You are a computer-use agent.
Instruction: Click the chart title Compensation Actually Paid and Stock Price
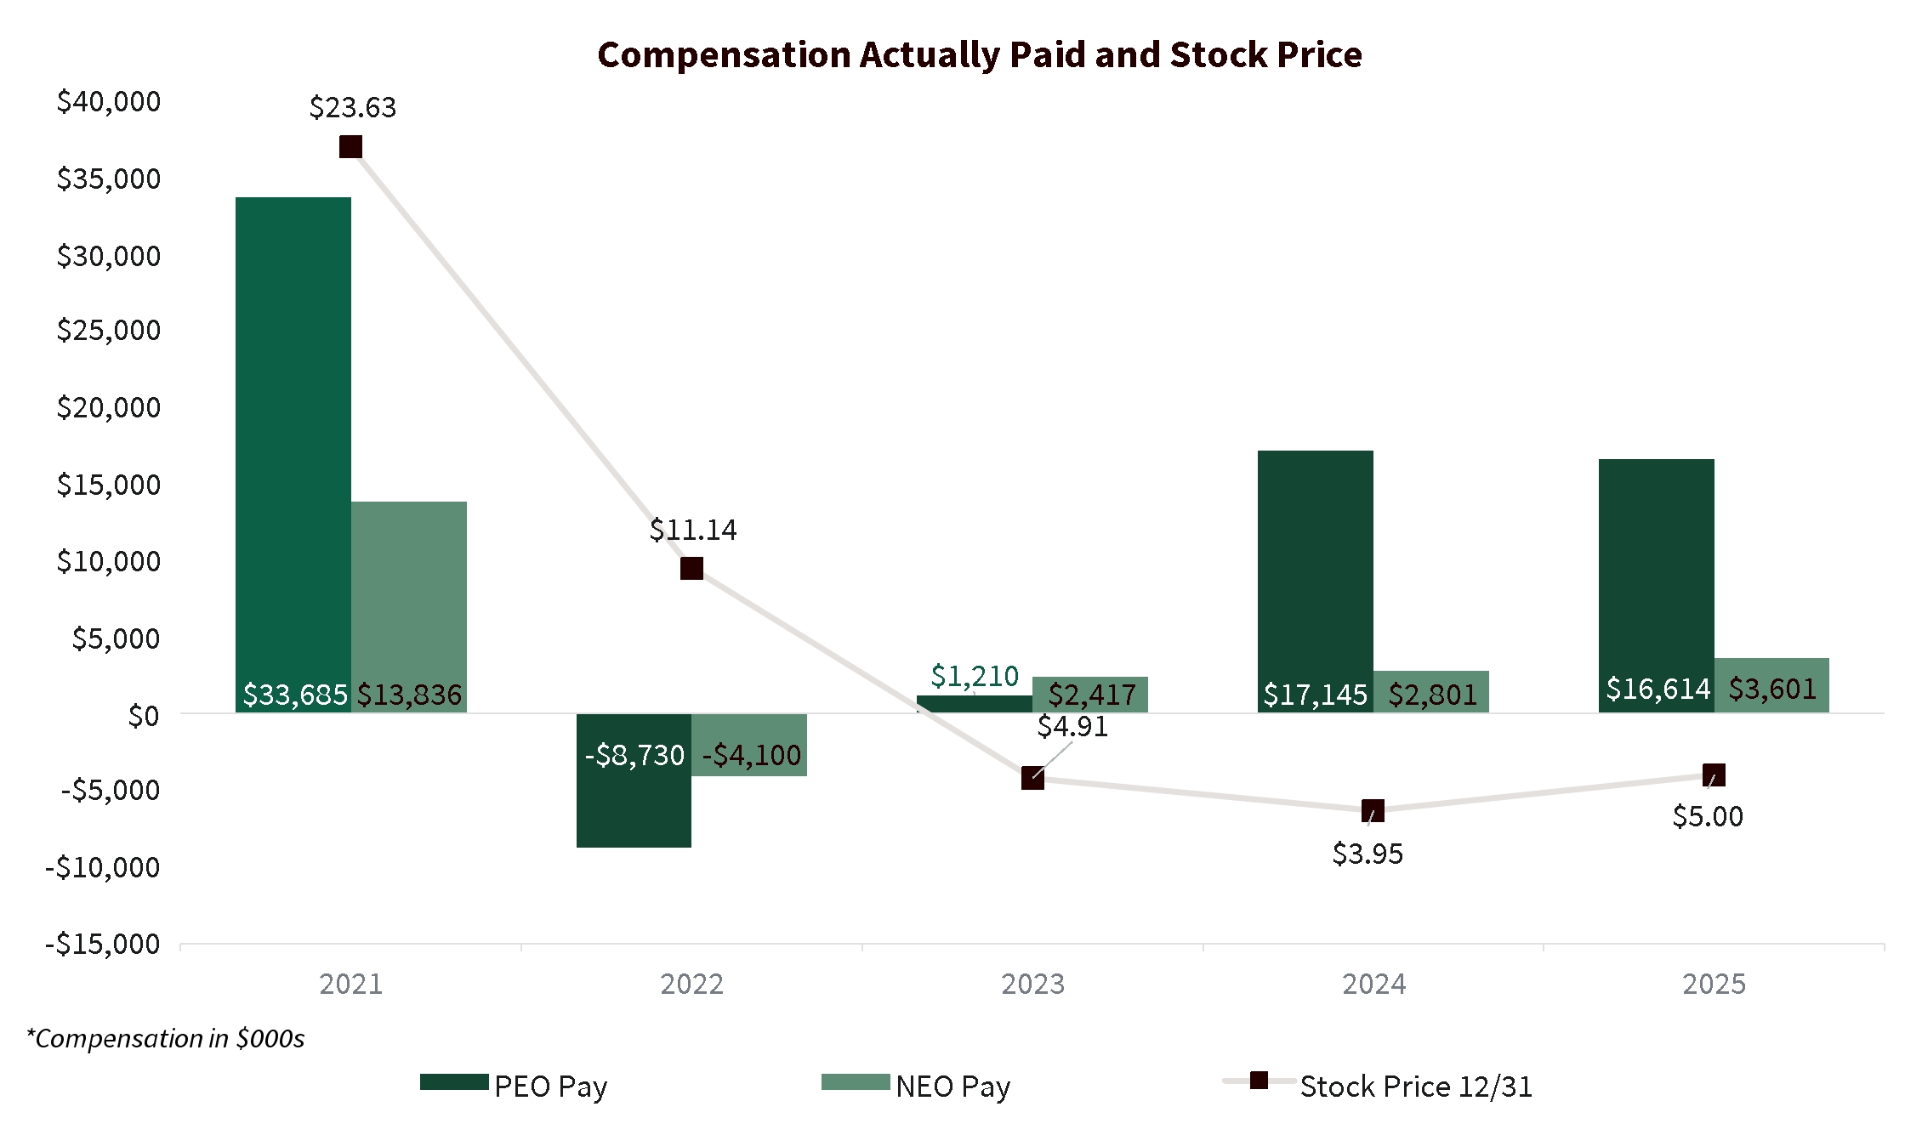click(980, 54)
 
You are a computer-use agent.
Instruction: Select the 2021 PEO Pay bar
click(293, 455)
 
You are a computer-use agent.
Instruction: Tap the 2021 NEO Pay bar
click(409, 607)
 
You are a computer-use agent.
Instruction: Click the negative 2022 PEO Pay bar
click(634, 780)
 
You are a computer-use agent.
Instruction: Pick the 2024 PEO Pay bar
click(1316, 582)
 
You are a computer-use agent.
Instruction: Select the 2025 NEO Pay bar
click(1771, 685)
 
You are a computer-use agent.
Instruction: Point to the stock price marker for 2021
click(350, 147)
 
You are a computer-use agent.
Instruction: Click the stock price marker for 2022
click(691, 568)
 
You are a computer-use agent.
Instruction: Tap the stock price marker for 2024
click(1373, 810)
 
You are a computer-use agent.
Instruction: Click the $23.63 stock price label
click(353, 107)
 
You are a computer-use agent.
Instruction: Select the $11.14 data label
click(693, 530)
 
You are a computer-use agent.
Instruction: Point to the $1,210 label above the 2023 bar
click(975, 676)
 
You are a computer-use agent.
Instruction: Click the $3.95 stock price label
click(1368, 853)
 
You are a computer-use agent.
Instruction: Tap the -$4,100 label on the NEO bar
click(752, 755)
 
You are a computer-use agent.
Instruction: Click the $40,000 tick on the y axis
click(109, 101)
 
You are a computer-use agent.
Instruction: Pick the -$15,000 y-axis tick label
click(103, 944)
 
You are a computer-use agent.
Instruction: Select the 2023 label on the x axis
click(1032, 984)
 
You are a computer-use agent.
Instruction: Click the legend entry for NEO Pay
click(917, 1086)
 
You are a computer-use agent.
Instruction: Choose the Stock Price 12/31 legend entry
click(1378, 1086)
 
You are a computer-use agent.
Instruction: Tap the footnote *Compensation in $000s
click(166, 1038)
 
